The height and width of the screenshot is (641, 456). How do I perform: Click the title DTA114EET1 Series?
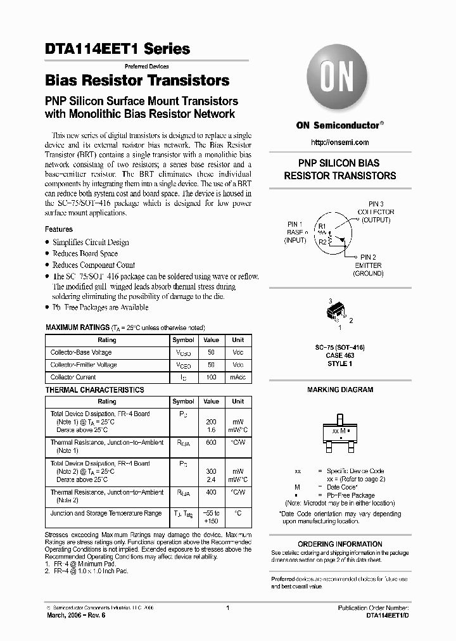[118, 49]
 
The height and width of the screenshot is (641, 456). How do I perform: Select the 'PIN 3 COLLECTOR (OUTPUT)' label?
[376, 212]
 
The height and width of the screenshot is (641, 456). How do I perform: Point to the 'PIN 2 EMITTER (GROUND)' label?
[368, 265]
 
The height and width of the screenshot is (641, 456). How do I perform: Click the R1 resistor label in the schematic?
[322, 226]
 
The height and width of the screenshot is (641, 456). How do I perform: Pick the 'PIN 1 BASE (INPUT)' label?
[295, 232]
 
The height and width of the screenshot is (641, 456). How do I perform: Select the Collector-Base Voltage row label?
[81, 352]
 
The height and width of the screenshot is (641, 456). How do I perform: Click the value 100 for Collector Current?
[211, 378]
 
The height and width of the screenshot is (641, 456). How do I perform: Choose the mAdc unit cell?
[237, 378]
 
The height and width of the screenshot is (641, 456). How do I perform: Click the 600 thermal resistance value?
[211, 443]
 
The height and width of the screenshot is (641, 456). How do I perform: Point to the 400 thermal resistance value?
[211, 492]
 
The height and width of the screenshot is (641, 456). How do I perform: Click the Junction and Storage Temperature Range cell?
[106, 514]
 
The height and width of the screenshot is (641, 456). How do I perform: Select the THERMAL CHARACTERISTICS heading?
[94, 390]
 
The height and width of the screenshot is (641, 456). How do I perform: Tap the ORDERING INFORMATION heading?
[339, 544]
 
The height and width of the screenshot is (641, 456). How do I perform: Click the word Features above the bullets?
[59, 229]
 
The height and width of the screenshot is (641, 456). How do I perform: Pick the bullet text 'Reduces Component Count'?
[94, 265]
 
